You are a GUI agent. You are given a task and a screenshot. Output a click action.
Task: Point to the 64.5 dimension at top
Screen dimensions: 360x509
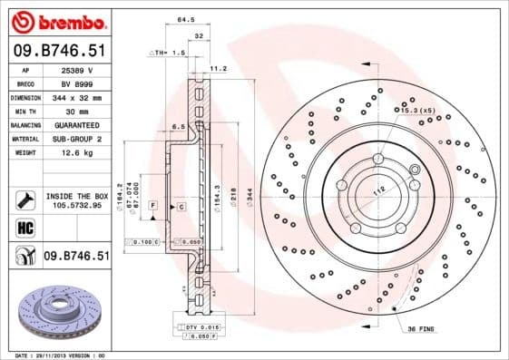point(185,18)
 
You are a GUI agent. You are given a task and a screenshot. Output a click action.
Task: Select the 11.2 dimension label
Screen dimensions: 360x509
point(218,68)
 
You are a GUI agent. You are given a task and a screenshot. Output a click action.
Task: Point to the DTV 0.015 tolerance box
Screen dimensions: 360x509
point(196,326)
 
